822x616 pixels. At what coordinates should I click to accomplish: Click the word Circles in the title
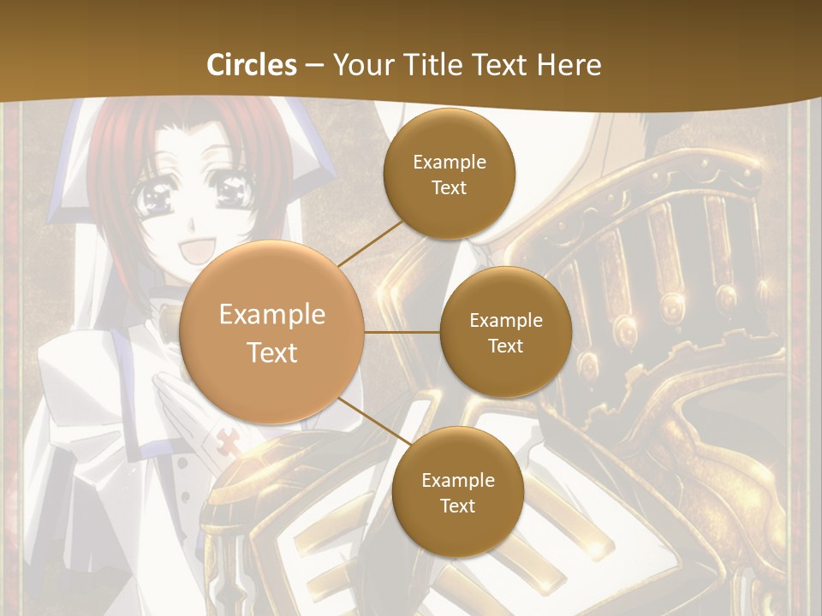(x=252, y=65)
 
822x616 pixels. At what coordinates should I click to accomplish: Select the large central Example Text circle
(x=272, y=333)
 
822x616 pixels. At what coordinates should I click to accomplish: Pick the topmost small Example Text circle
(x=450, y=174)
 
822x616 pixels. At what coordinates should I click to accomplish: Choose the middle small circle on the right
(x=505, y=332)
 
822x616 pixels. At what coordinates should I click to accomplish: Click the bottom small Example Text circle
(x=457, y=492)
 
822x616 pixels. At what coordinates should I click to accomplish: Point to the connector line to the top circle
(x=370, y=242)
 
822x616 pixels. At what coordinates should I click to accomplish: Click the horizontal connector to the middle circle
(x=402, y=331)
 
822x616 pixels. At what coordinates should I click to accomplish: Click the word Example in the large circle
(x=272, y=315)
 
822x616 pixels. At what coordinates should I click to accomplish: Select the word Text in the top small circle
(x=450, y=187)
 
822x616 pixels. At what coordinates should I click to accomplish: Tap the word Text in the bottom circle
(x=457, y=506)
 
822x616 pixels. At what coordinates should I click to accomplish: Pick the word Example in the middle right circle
(x=505, y=320)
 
